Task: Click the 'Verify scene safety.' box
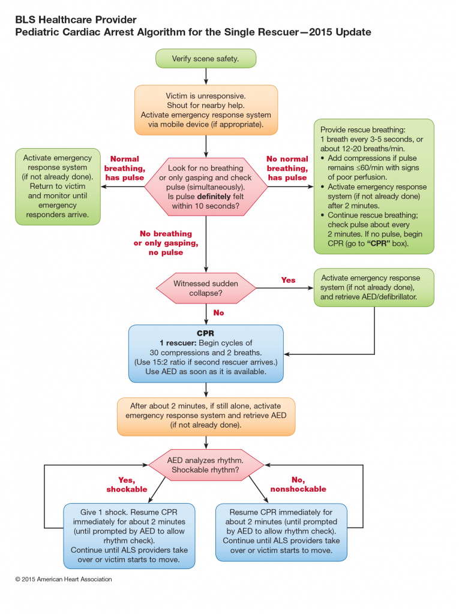coord(206,58)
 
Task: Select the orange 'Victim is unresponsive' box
coord(206,110)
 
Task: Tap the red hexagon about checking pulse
coord(206,186)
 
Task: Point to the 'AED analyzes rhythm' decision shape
coord(206,465)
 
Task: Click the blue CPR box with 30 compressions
coord(206,353)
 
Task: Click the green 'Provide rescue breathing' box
coord(373,186)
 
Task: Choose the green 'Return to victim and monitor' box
coord(58,186)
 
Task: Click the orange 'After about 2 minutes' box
coord(206,415)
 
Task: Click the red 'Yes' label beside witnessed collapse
coord(288,280)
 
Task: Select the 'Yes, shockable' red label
coord(127,484)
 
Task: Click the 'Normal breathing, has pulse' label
coord(125,168)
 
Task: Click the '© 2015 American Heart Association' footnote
coord(64,579)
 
